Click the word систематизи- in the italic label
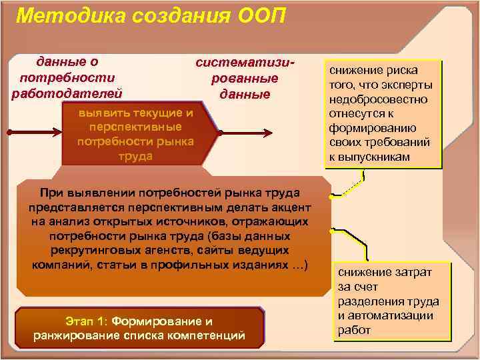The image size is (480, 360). (245, 62)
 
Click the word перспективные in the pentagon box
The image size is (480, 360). (135, 127)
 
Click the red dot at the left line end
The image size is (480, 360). (7, 133)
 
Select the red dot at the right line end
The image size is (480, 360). (311, 133)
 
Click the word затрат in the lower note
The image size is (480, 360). (409, 272)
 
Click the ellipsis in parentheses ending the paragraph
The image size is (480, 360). (297, 265)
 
